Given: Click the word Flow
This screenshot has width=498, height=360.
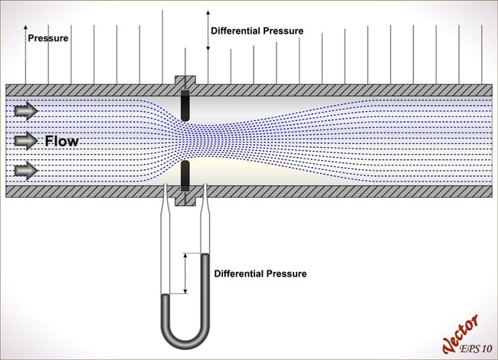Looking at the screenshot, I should click(61, 141).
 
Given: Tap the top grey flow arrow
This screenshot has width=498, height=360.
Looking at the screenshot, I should click(25, 112).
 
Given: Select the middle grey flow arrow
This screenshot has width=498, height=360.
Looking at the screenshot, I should click(25, 140).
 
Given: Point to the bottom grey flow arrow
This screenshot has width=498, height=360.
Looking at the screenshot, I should click(25, 169).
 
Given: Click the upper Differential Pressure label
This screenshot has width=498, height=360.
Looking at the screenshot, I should click(257, 31).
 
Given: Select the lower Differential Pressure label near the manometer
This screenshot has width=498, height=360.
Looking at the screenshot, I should click(260, 273).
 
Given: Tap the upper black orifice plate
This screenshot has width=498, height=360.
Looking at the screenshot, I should click(185, 105).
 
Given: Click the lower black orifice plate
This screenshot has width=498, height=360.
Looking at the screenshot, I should click(185, 176).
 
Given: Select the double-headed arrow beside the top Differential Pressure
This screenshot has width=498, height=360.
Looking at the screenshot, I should click(207, 31).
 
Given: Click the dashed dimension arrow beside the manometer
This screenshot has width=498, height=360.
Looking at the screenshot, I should click(185, 273).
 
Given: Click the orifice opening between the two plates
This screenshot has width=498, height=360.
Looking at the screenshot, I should click(185, 140).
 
